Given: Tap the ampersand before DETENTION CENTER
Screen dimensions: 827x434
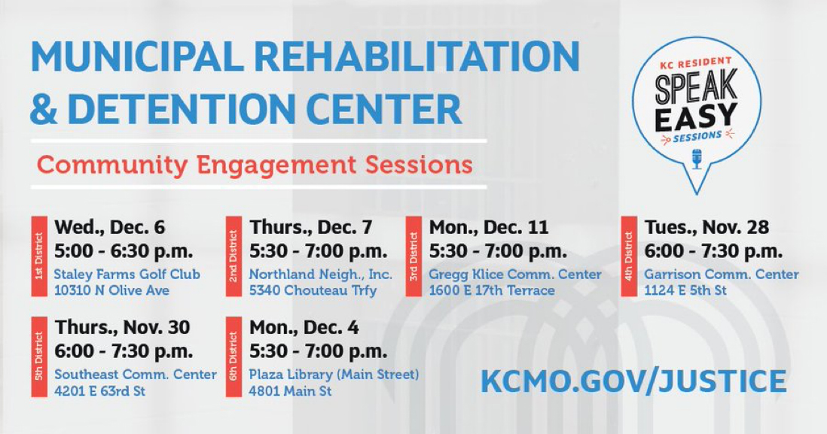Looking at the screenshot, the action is point(44,108).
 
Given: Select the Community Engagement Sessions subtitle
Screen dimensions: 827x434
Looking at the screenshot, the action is point(255,164).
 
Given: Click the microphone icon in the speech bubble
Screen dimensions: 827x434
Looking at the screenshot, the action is point(697,159).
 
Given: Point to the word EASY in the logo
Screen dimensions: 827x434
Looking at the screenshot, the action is point(696,117).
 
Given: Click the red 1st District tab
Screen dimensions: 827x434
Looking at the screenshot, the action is point(39,256).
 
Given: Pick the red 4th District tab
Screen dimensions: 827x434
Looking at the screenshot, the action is point(629,256).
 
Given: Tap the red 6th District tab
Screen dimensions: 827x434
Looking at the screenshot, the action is point(233,356).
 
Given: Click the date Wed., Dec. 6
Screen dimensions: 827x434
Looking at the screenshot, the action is point(110,227).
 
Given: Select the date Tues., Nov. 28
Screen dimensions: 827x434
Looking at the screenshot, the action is point(706,227).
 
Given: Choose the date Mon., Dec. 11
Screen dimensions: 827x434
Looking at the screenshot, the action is point(489,227).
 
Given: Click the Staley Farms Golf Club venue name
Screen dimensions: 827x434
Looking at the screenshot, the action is point(127,275).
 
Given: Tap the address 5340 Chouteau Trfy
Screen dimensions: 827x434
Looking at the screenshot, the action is point(313,290).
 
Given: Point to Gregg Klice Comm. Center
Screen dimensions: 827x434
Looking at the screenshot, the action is point(515,275).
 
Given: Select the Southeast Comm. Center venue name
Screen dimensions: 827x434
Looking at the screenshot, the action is point(136,375).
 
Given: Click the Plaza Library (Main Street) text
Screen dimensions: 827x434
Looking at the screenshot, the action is point(334,375).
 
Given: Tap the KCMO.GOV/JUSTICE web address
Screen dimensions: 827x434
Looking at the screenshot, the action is point(633,381).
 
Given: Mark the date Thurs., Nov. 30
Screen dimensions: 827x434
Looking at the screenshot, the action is point(122,327).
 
